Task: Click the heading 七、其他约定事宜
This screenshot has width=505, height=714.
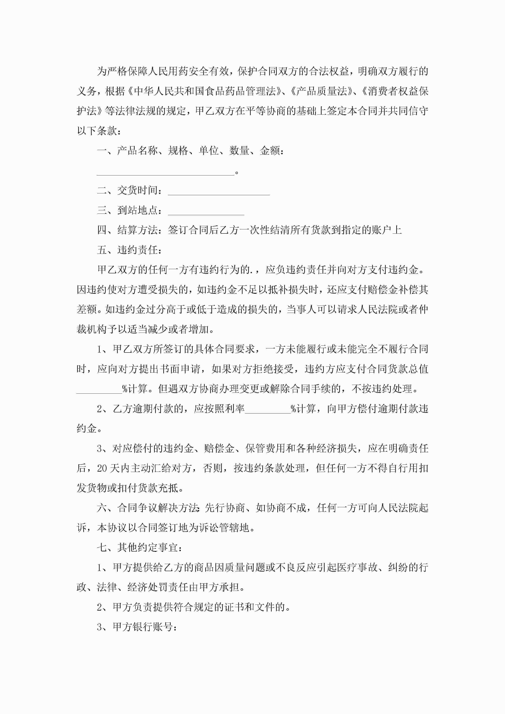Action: click(139, 547)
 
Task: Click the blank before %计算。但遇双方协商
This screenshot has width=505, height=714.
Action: click(99, 389)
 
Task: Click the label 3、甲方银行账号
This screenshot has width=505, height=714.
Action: click(137, 627)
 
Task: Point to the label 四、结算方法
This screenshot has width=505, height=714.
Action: click(129, 230)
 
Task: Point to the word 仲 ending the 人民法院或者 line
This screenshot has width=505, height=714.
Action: click(423, 309)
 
